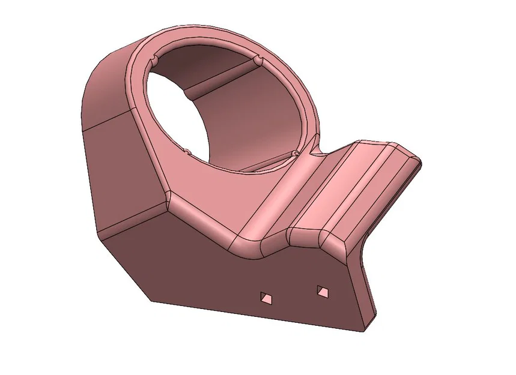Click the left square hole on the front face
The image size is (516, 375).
pos(265,296)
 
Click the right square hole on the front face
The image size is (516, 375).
pos(323,292)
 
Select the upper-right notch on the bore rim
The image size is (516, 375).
pos(258,61)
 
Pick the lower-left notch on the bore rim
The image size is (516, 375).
pos(187,149)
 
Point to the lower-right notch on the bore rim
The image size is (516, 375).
pos(295,154)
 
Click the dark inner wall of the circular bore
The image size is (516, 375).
pos(252,114)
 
